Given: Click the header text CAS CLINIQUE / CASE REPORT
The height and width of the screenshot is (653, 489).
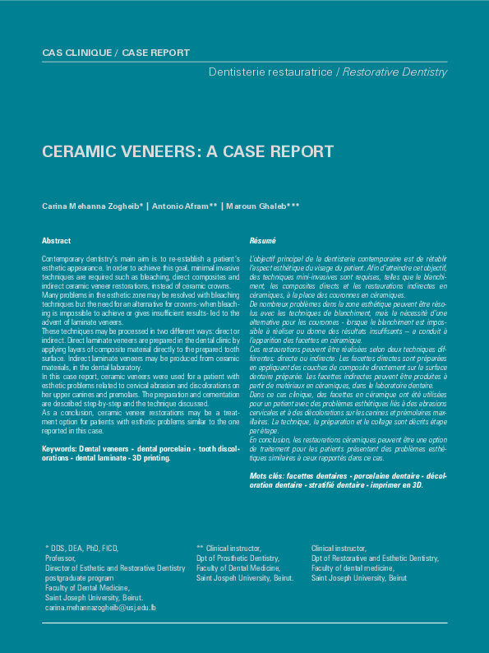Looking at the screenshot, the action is pos(115,53).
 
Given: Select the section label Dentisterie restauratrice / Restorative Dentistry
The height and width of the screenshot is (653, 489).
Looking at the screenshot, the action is pos(328,72).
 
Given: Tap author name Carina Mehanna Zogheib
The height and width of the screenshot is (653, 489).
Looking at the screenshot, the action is pos(91,206).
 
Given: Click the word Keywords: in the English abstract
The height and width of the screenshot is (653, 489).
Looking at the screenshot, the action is pos(59,449).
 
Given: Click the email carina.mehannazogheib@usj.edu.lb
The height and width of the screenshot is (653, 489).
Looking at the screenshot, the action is pos(100,608).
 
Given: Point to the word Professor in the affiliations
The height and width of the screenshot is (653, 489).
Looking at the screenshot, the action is pos(60,558).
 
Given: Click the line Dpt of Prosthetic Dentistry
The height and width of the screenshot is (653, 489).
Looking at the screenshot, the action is pos(238,558).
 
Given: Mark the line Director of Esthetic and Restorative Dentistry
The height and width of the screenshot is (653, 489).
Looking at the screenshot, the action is pos(115,567).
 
